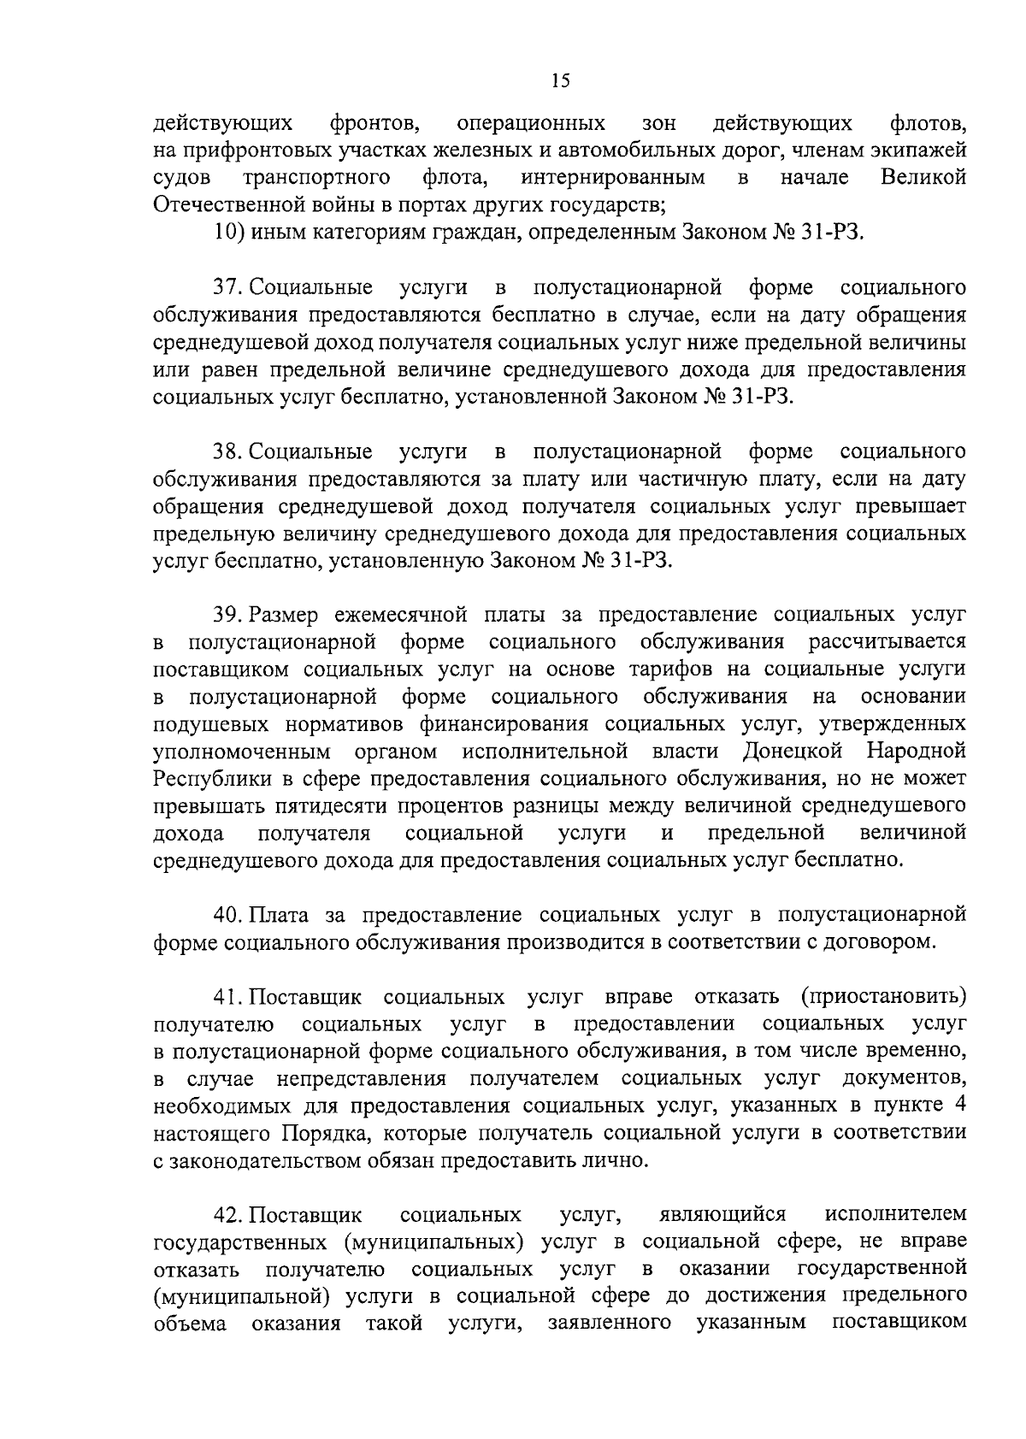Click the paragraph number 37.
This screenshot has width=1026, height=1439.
tap(228, 288)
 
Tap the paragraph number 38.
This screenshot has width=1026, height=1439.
tap(228, 451)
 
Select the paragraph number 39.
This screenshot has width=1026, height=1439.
tap(228, 615)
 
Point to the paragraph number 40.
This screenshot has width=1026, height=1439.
tap(228, 915)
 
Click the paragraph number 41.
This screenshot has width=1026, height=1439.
tap(228, 997)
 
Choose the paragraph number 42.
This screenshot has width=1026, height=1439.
tap(228, 1215)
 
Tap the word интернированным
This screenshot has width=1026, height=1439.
tap(613, 179)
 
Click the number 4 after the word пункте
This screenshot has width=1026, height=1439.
tap(960, 1106)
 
